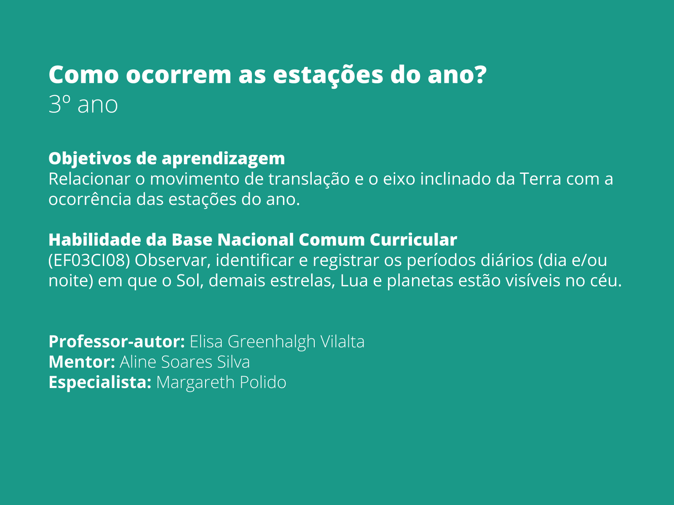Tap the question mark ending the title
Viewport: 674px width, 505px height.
tap(480, 74)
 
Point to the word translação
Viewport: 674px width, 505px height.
tap(309, 179)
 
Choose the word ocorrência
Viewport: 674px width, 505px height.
tap(90, 199)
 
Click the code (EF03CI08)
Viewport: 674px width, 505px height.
tap(89, 260)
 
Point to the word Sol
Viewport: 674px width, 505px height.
tap(188, 281)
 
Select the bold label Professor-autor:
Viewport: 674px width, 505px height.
tap(117, 342)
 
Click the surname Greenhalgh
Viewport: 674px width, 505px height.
tap(271, 342)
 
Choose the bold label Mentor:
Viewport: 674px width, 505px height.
tap(82, 362)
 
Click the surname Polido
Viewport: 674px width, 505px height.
tap(263, 382)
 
